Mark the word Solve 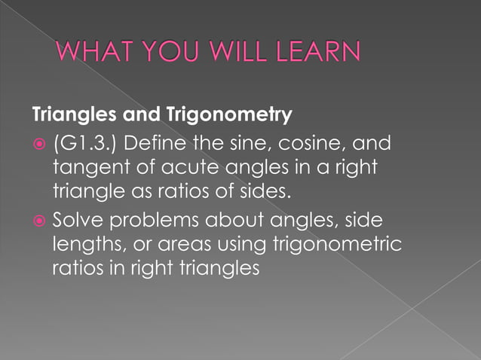tap(79, 220)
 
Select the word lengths tap(85, 245)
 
